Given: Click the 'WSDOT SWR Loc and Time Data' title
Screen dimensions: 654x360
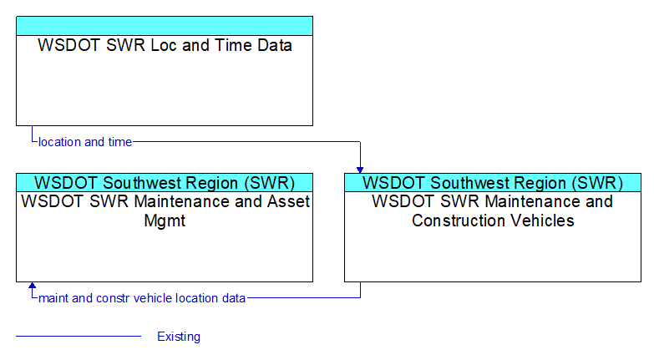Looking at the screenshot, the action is click(165, 45).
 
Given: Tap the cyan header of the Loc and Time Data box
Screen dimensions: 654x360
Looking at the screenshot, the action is click(165, 26).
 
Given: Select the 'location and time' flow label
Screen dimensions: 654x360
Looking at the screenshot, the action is click(85, 142).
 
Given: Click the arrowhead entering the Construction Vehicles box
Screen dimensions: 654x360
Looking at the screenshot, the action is click(360, 170).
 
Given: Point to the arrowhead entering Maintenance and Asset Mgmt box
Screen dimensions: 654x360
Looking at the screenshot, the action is click(32, 286).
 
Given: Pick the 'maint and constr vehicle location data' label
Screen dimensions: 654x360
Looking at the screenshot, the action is click(142, 298).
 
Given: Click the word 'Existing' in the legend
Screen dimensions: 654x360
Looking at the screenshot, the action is click(179, 337).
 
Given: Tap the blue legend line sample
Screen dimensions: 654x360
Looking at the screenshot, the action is click(79, 336).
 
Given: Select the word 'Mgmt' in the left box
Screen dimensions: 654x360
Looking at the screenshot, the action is click(165, 221).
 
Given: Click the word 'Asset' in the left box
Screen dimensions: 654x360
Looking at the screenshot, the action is click(289, 201).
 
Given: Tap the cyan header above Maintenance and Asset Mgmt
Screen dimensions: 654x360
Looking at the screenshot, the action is click(165, 183).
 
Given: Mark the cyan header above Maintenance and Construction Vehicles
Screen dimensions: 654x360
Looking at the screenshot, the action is click(493, 183).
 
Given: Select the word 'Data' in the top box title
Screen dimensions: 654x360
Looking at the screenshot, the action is click(275, 45).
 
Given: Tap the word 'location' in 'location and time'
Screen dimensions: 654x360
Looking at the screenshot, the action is click(59, 142).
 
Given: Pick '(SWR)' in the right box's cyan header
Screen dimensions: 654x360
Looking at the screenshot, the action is click(597, 183).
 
